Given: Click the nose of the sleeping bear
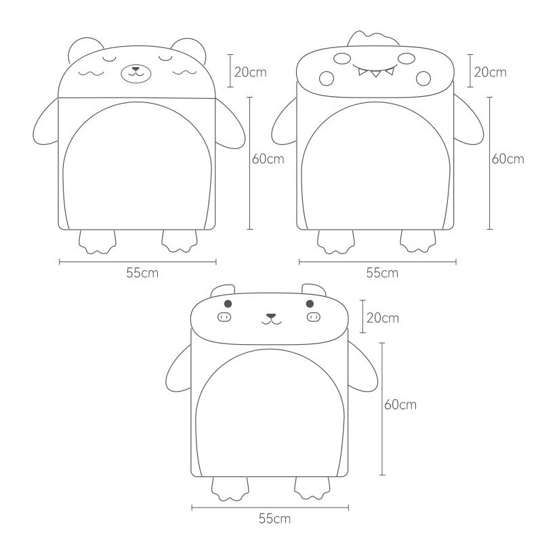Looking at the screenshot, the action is pos(136,69).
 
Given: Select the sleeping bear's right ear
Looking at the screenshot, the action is pos(190,48).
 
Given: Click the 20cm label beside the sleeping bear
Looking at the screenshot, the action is pos(251,72).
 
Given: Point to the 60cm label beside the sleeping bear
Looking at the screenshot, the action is pos(268,159).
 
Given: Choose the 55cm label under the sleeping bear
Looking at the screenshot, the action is pos(142,273).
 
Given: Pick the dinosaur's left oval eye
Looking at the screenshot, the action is pos(342,58).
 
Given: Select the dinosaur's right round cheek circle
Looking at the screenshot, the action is pos(423,79).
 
